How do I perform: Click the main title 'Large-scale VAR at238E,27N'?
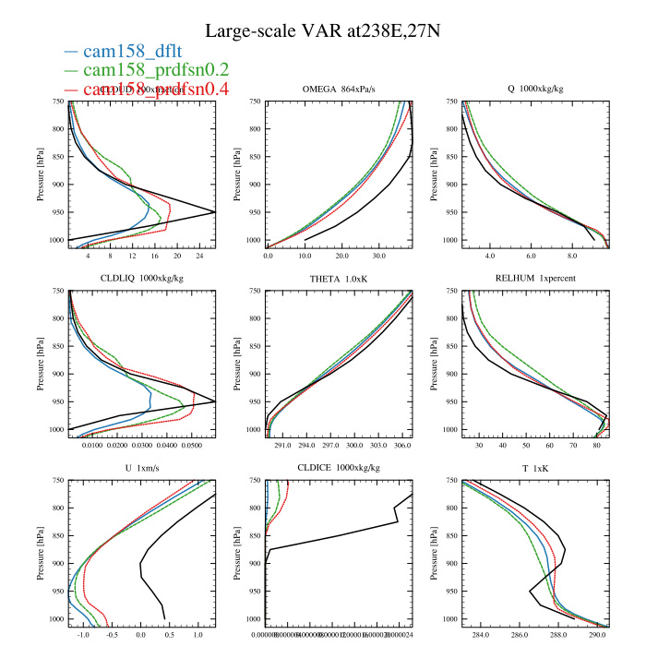(x=322, y=30)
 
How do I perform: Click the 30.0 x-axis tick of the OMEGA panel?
(x=379, y=256)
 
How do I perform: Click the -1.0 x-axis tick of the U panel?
(x=84, y=636)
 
